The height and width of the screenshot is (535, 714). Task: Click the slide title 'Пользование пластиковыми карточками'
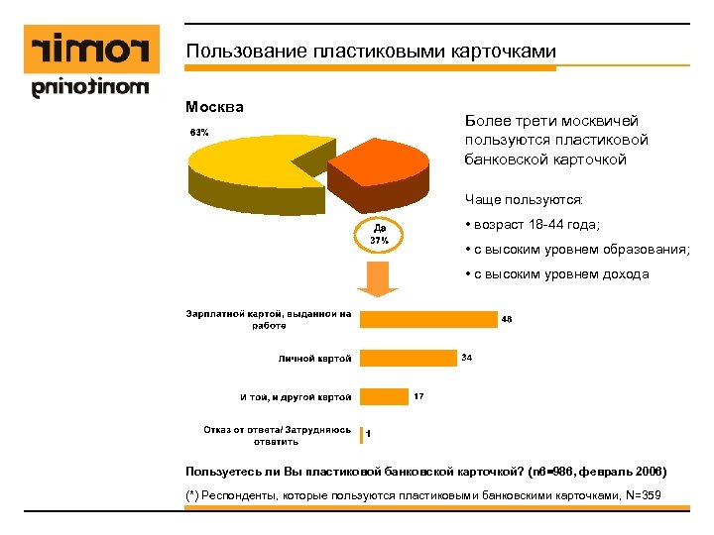coord(371,52)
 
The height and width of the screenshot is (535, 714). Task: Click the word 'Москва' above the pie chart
coord(214,106)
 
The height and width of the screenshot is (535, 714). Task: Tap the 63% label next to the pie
coord(199,132)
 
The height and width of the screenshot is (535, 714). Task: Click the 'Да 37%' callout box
coord(379,234)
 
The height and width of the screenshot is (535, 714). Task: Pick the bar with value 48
coord(427,318)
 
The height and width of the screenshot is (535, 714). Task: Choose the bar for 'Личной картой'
coord(408,358)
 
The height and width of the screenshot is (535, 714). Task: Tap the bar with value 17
coord(383,396)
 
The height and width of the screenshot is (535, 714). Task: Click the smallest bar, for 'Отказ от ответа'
coord(361,435)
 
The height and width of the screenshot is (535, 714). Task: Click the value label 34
coord(467,357)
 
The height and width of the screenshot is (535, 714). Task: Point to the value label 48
coord(507,318)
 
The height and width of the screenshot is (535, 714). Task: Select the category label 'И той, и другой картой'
coord(296,397)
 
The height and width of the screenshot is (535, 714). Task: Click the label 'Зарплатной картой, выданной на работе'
coord(269,319)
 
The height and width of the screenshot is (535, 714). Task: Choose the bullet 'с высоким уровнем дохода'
coord(556,274)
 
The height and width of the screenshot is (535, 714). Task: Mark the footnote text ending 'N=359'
coord(425,494)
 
